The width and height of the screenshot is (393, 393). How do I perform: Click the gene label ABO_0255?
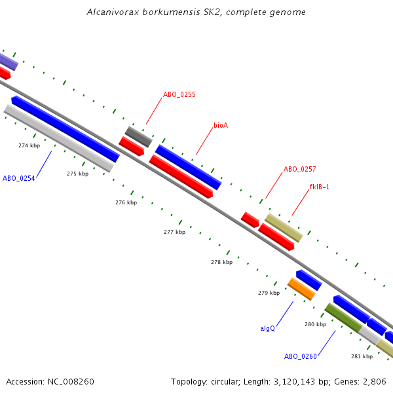[179, 94]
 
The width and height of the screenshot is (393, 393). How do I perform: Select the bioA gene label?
[221, 124]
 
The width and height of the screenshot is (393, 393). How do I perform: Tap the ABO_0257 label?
[299, 169]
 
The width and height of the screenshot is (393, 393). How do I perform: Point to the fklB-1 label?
[319, 187]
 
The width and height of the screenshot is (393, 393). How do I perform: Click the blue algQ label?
[267, 328]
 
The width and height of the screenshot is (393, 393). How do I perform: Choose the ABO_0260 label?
[300, 356]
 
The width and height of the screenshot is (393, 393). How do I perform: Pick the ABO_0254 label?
[19, 178]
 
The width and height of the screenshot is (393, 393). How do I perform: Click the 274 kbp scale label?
[29, 145]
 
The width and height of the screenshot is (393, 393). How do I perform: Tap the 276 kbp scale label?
[126, 202]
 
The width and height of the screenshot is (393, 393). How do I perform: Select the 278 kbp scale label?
[221, 262]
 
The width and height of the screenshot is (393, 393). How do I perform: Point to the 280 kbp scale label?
[315, 324]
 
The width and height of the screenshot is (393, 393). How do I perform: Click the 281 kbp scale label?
[362, 356]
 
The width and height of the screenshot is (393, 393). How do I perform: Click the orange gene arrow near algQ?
[301, 289]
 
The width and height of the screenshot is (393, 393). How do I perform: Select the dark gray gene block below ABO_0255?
[138, 136]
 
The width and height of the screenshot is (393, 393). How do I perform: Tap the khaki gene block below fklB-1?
[284, 227]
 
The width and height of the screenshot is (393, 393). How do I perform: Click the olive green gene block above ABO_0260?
[343, 317]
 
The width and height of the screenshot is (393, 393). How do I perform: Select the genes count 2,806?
[374, 381]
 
